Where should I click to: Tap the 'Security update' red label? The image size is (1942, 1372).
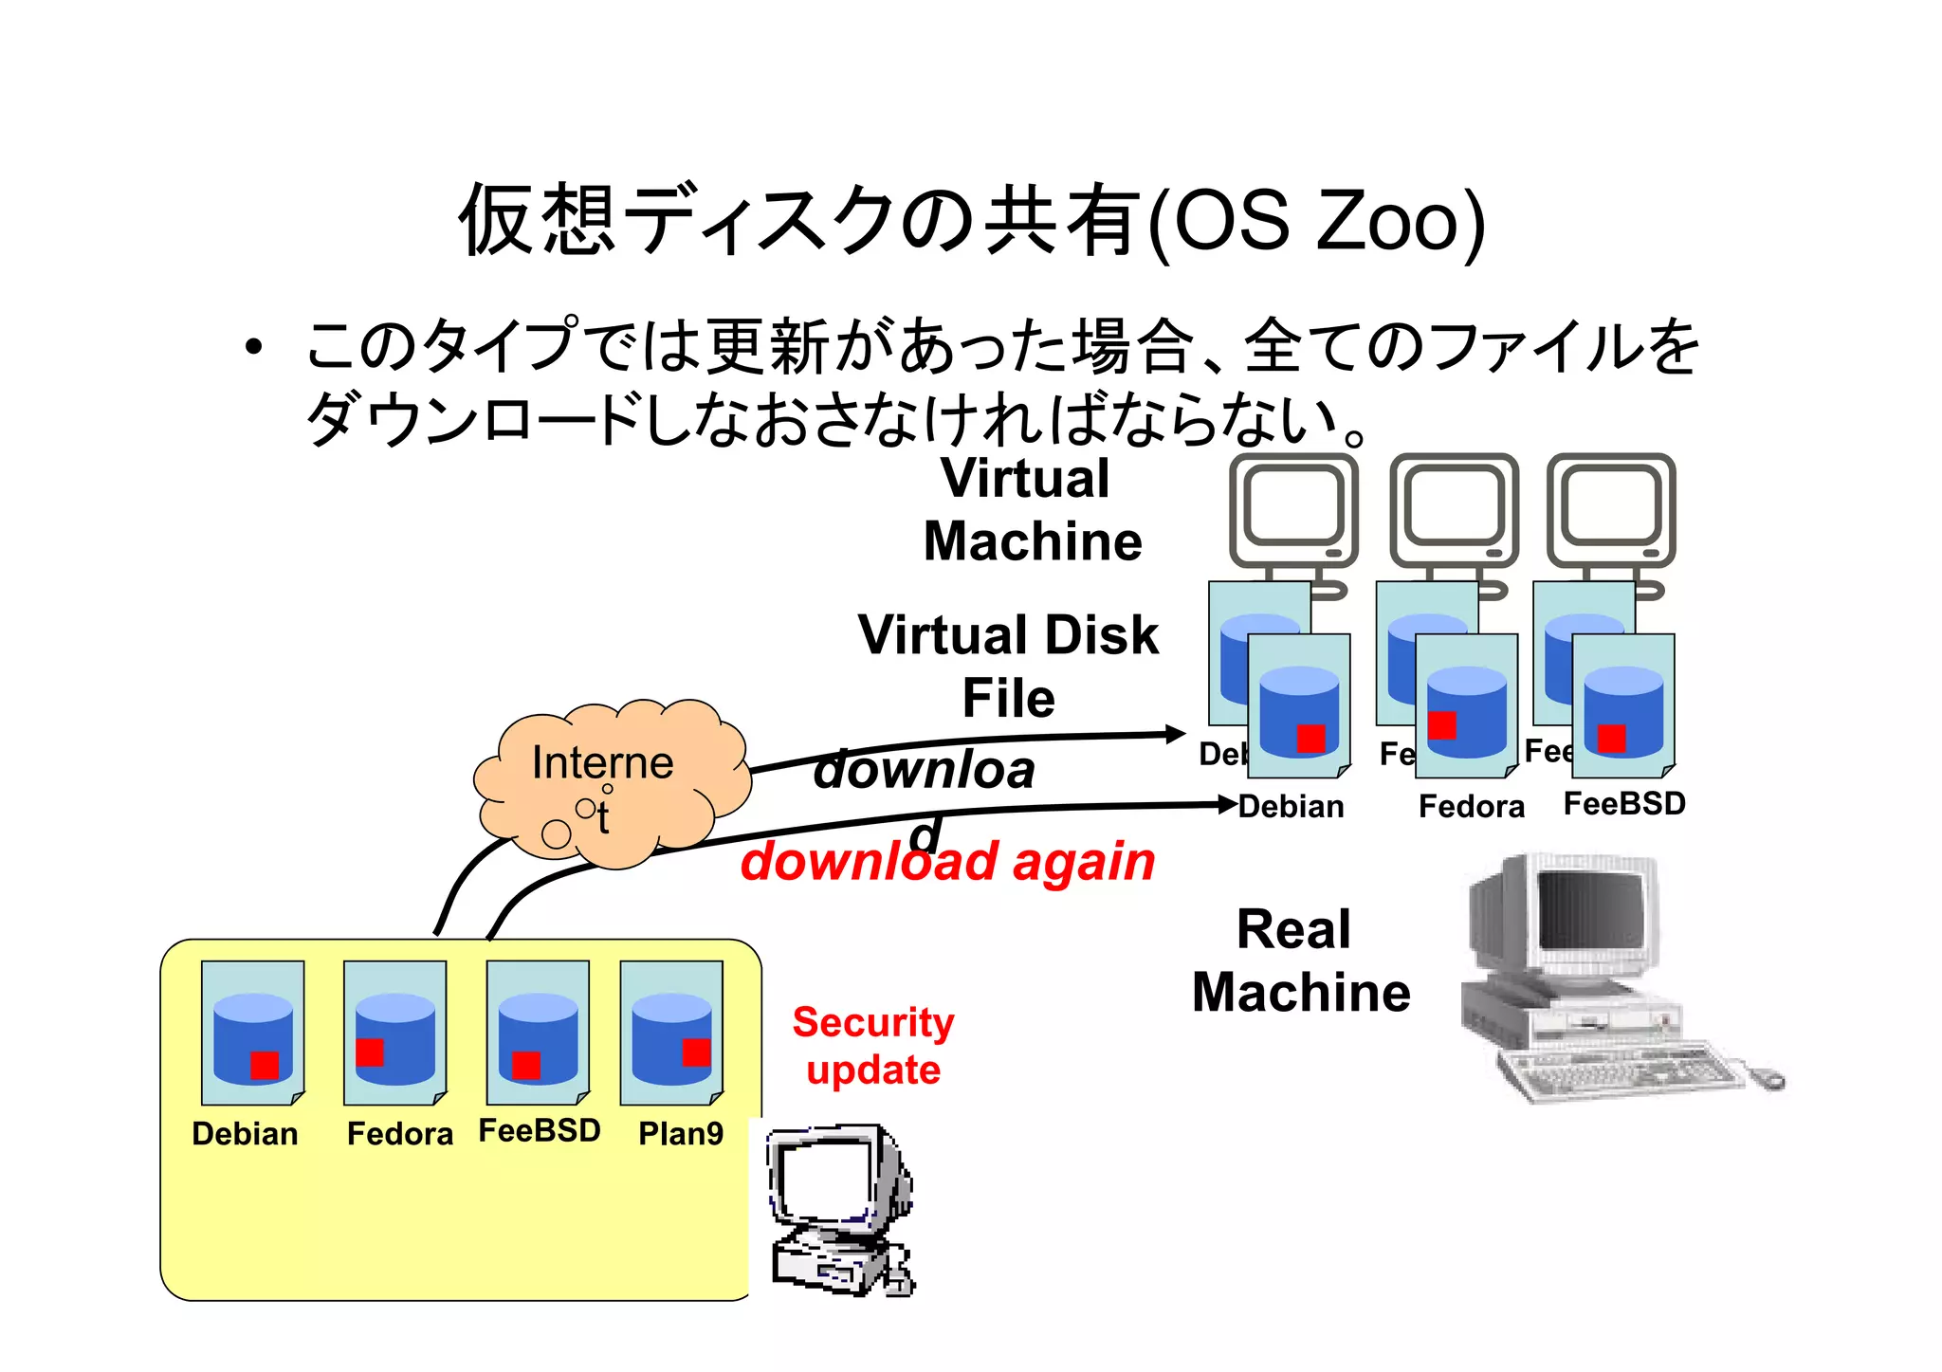[873, 1046]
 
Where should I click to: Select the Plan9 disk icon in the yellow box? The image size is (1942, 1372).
[671, 1033]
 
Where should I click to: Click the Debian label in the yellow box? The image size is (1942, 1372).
[245, 1134]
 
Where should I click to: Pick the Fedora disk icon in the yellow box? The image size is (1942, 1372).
[395, 1033]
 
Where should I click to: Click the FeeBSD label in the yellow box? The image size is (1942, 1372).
[540, 1131]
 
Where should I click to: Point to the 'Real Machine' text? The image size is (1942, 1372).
[1300, 960]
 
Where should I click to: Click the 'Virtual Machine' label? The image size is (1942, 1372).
[1032, 509]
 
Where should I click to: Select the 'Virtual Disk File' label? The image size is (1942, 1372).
[1008, 667]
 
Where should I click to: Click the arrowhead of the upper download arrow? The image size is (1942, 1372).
[1177, 734]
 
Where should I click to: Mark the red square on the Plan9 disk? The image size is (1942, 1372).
[696, 1052]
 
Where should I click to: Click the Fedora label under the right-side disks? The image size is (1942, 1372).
[1472, 807]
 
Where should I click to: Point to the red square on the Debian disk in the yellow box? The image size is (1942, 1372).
[265, 1065]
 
